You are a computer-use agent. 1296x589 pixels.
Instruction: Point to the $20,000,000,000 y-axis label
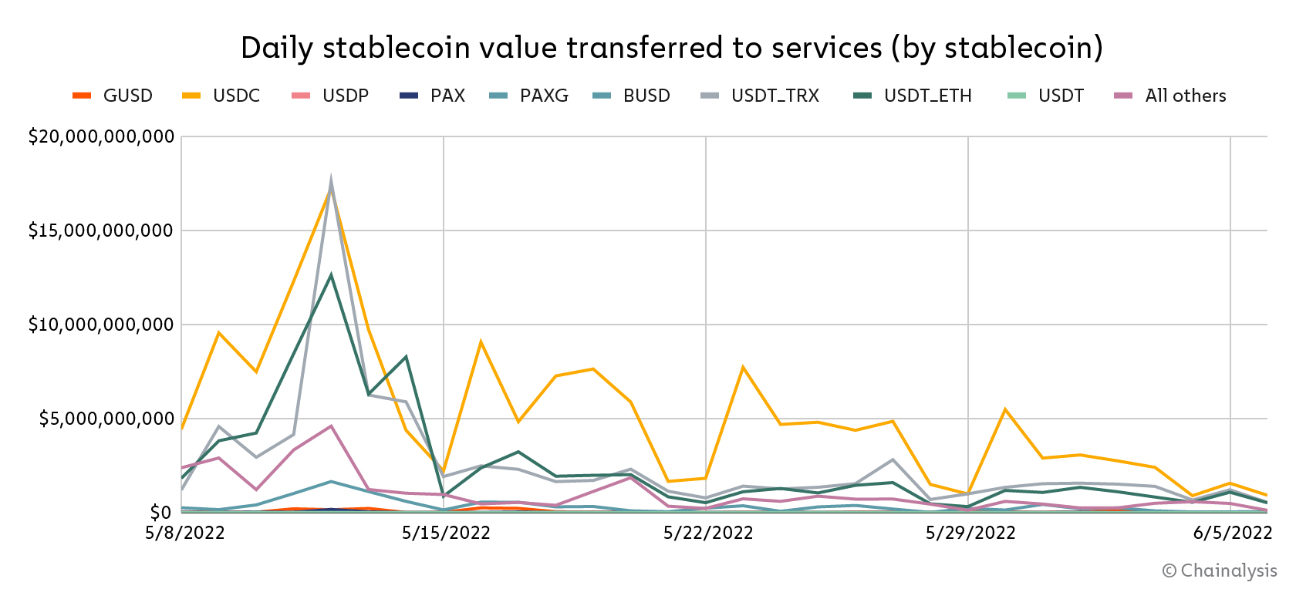point(101,136)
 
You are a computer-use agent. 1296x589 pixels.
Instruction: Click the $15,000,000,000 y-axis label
point(101,231)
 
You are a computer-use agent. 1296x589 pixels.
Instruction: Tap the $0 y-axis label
point(160,513)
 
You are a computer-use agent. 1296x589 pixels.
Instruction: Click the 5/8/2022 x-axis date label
point(185,533)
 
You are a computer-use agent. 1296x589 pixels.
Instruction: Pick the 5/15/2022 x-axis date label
point(446,533)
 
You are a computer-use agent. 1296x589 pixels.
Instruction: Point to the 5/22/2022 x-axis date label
point(708,533)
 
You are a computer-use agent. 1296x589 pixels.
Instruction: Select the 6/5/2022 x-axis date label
point(1232,533)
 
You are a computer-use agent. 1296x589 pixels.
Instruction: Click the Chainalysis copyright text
point(1220,570)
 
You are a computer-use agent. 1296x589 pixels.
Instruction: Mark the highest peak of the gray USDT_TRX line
point(331,179)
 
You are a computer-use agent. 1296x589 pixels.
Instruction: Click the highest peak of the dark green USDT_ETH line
point(331,274)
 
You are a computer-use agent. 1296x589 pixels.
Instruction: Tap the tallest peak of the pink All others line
point(331,426)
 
